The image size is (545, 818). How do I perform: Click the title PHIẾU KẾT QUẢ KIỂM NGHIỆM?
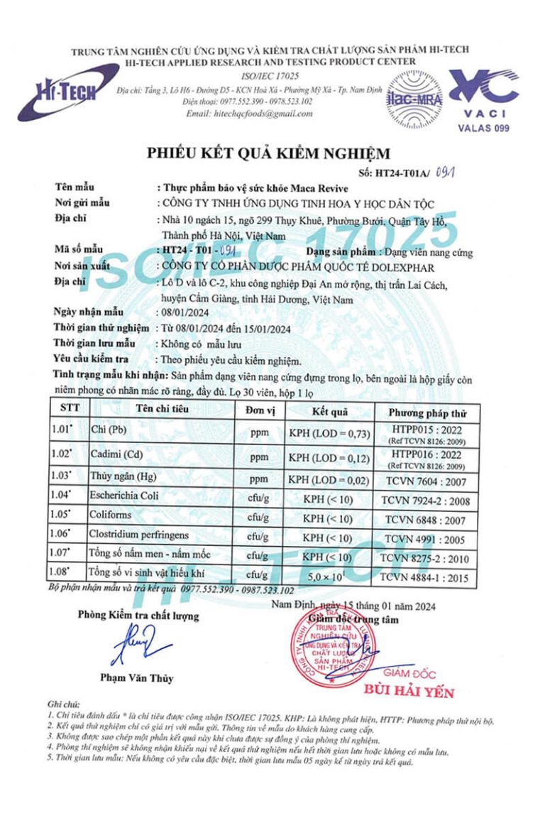click(268, 152)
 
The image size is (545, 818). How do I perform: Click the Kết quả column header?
click(330, 411)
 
